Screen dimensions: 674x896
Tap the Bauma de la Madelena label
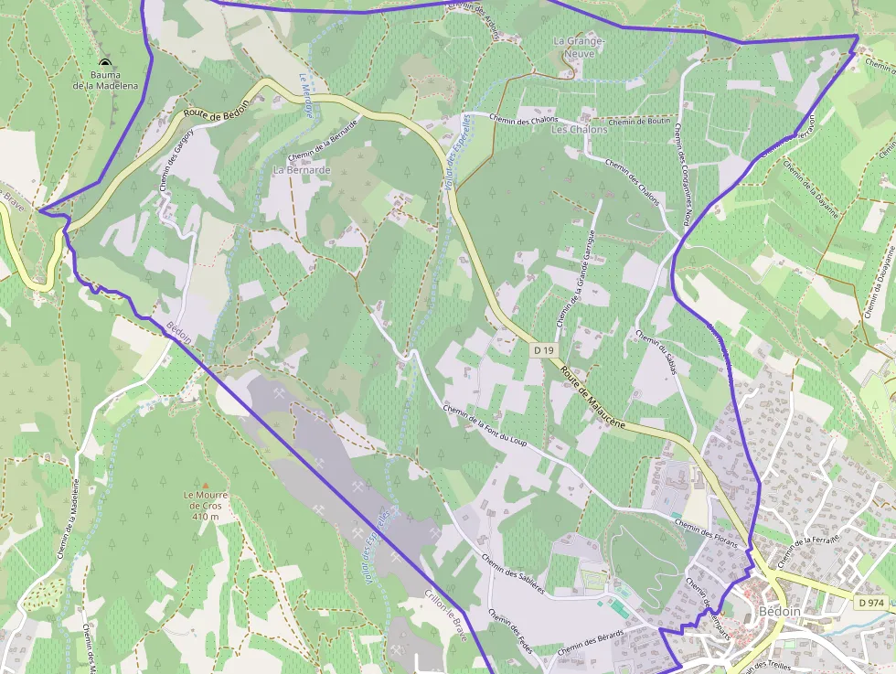coord(106,80)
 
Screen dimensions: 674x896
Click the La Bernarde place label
coord(302,170)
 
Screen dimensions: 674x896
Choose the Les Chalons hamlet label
coord(579,130)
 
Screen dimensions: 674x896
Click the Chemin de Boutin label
coord(639,122)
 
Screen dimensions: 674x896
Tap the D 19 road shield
coord(544,350)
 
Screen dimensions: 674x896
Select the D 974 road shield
coord(872,603)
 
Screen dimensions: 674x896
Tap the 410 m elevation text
coord(206,517)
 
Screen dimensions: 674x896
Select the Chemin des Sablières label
coord(512,574)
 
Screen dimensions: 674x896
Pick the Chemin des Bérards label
coord(590,641)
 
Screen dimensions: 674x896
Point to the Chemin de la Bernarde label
coord(322,143)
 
